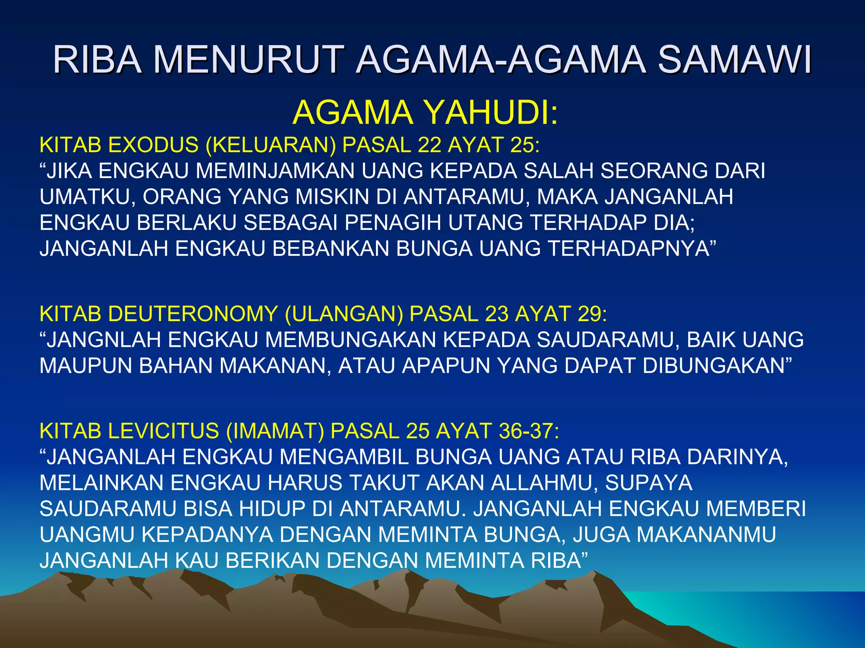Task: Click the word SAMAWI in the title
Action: click(734, 60)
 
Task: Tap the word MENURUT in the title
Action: click(248, 60)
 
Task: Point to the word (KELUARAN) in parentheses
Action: click(271, 145)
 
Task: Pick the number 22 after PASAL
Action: click(429, 145)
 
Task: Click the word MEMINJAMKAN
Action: click(275, 171)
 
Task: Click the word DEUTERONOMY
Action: click(193, 314)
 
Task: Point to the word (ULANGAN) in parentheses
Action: click(344, 314)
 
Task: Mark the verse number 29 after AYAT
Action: click(592, 314)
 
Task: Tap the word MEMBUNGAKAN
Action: click(350, 340)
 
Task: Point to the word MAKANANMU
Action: click(706, 534)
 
